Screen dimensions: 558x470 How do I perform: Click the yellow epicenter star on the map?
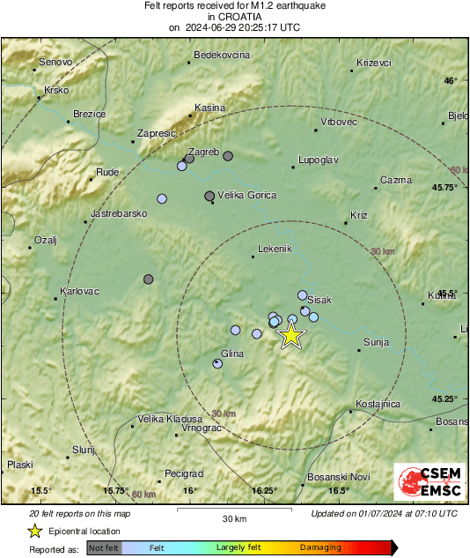coord(290,335)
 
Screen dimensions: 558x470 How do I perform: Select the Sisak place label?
coord(319,301)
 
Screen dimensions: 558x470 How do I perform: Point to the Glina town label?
coord(232,353)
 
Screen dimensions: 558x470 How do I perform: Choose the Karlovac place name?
coord(79,291)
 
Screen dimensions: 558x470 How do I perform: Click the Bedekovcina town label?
coord(222,55)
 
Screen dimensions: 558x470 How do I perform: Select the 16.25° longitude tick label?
coord(264,491)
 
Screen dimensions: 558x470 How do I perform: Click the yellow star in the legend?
coord(34,531)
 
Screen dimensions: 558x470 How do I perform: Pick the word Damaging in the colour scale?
coord(320,547)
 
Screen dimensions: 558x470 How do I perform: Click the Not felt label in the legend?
coord(103,547)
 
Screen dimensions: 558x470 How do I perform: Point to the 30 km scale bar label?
coord(233,517)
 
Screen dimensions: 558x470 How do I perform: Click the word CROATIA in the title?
coord(235,17)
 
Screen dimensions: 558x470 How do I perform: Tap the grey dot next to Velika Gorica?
coord(209,196)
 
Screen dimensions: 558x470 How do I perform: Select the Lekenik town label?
coord(274,249)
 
